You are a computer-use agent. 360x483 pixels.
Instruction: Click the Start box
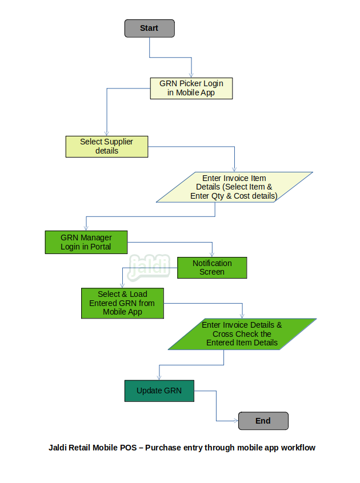coord(150,29)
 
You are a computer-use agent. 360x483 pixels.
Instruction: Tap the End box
coord(263,421)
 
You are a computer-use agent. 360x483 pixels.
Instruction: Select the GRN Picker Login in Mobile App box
coord(191,88)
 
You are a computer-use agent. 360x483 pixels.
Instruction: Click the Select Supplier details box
coord(107,147)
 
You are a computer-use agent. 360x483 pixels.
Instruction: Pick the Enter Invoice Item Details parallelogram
coord(234,187)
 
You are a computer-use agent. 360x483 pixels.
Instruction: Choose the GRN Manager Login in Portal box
coord(86,242)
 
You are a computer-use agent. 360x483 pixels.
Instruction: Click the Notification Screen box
coord(212,268)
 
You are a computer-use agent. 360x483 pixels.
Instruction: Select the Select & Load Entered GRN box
coord(122,303)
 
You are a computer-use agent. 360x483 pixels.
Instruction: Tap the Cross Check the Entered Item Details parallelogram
coord(242,334)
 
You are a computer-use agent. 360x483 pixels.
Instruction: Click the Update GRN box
coord(159,391)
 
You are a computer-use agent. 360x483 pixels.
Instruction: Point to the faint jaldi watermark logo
coord(149,267)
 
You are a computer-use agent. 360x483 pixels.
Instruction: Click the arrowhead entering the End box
coord(236,421)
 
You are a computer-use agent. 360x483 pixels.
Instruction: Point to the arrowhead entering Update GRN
coord(159,377)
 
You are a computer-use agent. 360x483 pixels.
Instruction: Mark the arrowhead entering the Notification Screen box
coord(212,255)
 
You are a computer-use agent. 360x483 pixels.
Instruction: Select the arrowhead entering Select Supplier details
coord(107,134)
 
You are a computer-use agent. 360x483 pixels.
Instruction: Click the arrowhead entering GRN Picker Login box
coord(191,75)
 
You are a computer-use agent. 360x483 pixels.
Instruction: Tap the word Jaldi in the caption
coord(58,448)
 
